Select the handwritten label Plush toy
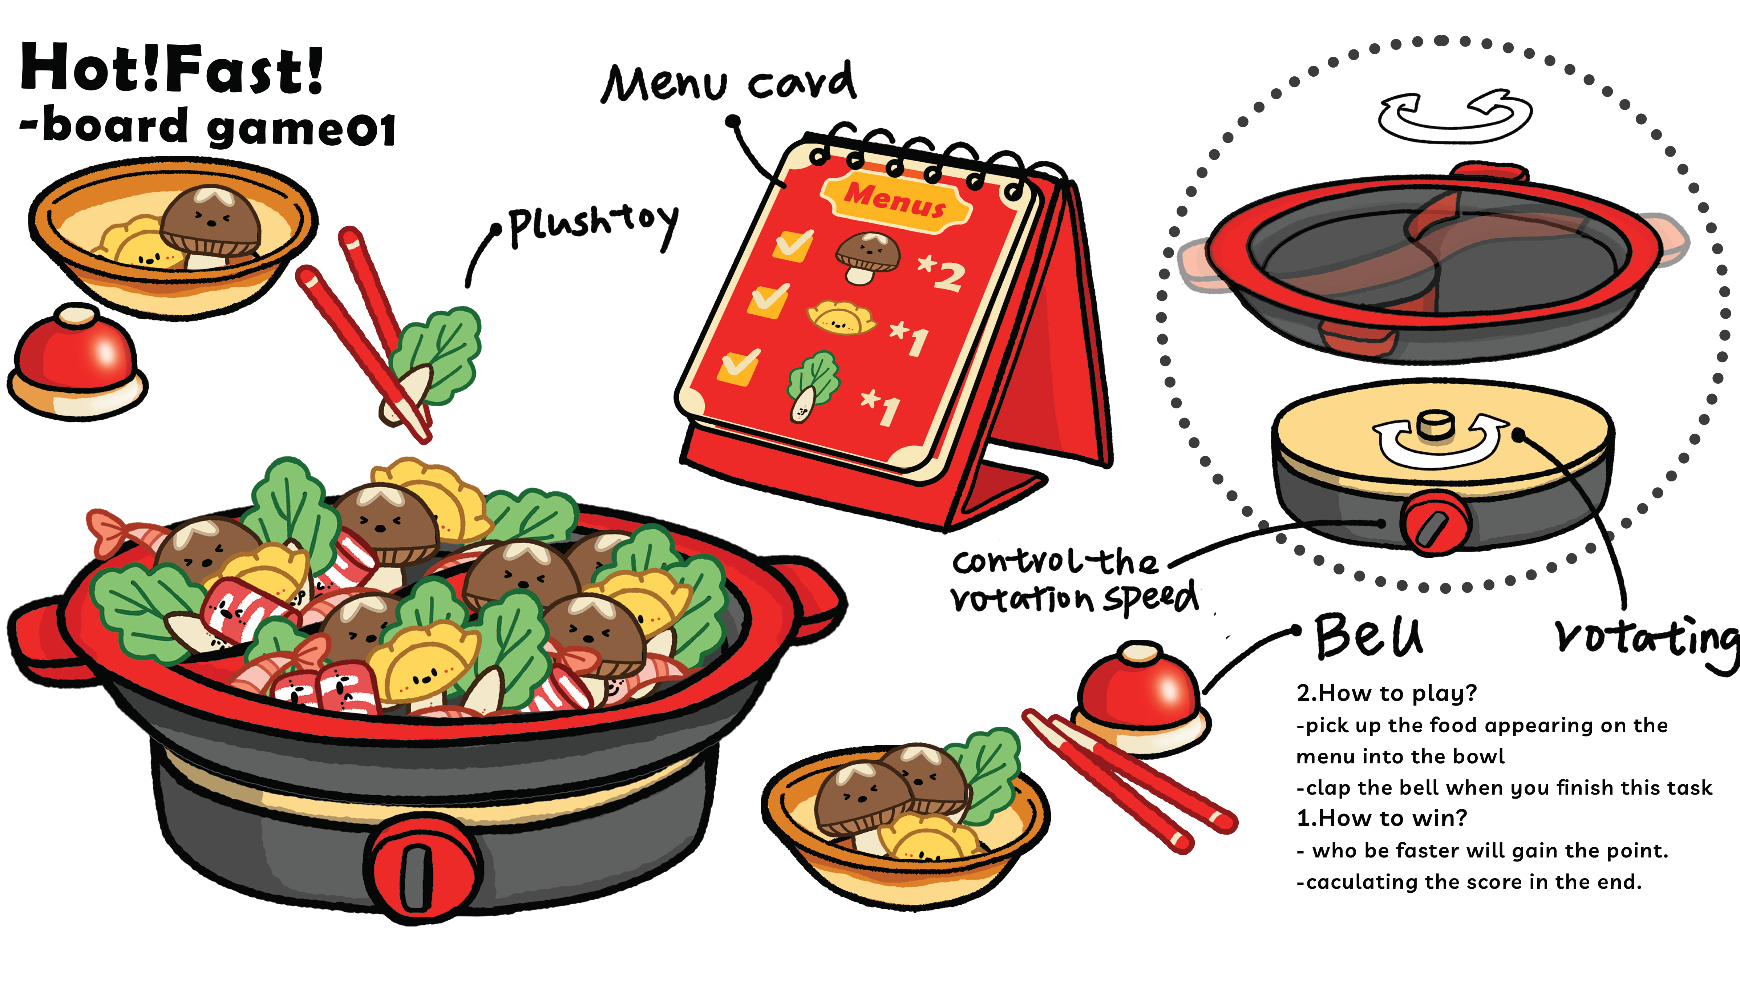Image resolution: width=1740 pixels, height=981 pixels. pyautogui.click(x=591, y=223)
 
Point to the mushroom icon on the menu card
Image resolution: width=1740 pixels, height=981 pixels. pyautogui.click(x=867, y=257)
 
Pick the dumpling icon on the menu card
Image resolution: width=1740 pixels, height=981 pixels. pyautogui.click(x=841, y=318)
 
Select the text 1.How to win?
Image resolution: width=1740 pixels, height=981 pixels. pyautogui.click(x=1381, y=818)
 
